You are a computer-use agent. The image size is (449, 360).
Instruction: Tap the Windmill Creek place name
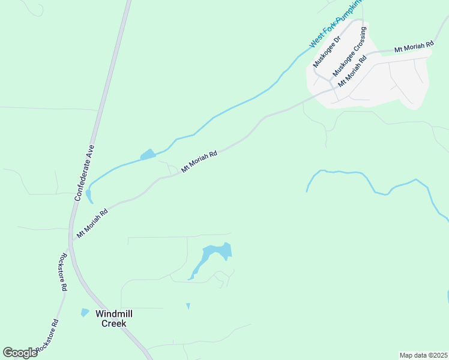113,319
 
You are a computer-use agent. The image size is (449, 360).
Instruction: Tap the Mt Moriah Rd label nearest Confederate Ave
92,223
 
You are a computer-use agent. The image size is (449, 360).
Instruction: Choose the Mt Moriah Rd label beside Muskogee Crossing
352,71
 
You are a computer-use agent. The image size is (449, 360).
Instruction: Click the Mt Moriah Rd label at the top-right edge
414,47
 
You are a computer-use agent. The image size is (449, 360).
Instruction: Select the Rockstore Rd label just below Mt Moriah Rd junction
62,271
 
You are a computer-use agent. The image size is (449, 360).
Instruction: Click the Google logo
20,352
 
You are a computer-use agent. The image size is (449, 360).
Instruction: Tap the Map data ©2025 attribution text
423,355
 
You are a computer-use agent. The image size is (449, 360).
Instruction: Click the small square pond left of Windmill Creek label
85,313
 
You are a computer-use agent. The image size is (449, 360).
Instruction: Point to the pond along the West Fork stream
148,155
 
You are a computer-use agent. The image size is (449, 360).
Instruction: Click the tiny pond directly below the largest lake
188,306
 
